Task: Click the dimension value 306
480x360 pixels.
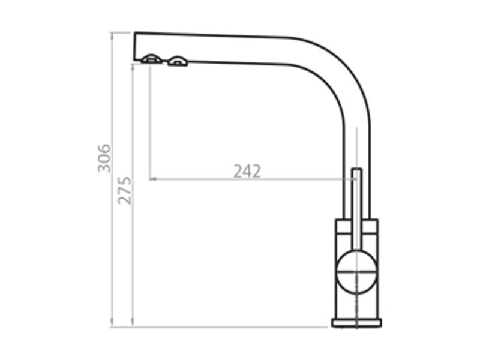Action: (104, 158)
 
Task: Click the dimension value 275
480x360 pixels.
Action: (125, 190)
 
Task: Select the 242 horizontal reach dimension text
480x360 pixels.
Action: (247, 171)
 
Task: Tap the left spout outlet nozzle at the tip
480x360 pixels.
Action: (151, 59)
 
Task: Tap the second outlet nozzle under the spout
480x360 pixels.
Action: (177, 61)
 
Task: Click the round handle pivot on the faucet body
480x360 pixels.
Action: (356, 272)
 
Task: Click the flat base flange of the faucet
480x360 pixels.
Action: (356, 323)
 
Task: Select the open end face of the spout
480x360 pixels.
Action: (134, 46)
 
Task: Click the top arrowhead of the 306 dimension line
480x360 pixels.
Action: (112, 36)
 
